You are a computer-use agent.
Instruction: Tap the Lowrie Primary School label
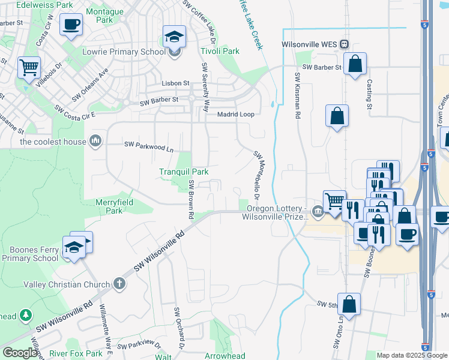point(124,52)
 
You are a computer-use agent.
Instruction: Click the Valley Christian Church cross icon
point(119,284)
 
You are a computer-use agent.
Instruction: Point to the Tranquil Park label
point(184,172)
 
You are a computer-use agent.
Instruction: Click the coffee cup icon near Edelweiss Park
point(71,25)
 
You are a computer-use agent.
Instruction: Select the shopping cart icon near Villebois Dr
point(28,68)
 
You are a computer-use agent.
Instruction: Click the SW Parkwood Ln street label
point(149,145)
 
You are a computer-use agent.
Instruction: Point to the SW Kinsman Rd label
point(297,96)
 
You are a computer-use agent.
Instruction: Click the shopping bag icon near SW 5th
point(349,304)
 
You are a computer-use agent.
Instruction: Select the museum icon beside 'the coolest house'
point(95,141)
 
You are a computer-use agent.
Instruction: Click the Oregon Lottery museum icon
point(317,211)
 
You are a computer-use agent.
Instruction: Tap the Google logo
point(20,353)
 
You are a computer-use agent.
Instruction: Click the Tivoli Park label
point(220,52)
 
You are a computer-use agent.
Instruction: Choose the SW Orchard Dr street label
point(178,330)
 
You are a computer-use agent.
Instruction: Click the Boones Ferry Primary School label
point(30,253)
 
